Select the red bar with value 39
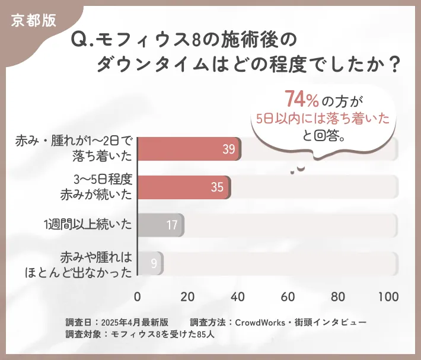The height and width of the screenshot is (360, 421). point(189,149)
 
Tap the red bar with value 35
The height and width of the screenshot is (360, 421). point(184,187)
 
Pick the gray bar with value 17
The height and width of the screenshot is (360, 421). point(161,225)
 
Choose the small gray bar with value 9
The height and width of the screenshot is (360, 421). point(151,263)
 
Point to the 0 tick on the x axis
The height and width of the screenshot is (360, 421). point(138,297)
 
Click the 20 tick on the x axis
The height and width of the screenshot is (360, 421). point(188,297)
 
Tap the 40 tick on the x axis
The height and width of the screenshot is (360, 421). point(238,297)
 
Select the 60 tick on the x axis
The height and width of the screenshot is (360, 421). point(288,297)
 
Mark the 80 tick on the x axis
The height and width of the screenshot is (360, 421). point(339,297)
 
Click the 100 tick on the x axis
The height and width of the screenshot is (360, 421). point(388,297)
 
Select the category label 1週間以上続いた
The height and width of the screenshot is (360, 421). point(87,225)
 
